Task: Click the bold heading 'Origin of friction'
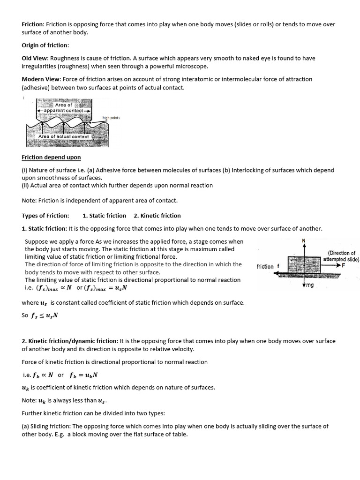tap(45, 45)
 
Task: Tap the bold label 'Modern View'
tap(41, 79)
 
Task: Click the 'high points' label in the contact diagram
tap(111, 118)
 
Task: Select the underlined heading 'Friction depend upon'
tap(51, 157)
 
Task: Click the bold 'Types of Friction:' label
tap(45, 216)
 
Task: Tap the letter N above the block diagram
tap(304, 241)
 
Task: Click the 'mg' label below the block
tap(310, 285)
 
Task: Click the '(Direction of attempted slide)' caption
tap(341, 256)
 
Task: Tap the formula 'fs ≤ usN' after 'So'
tap(45, 315)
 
